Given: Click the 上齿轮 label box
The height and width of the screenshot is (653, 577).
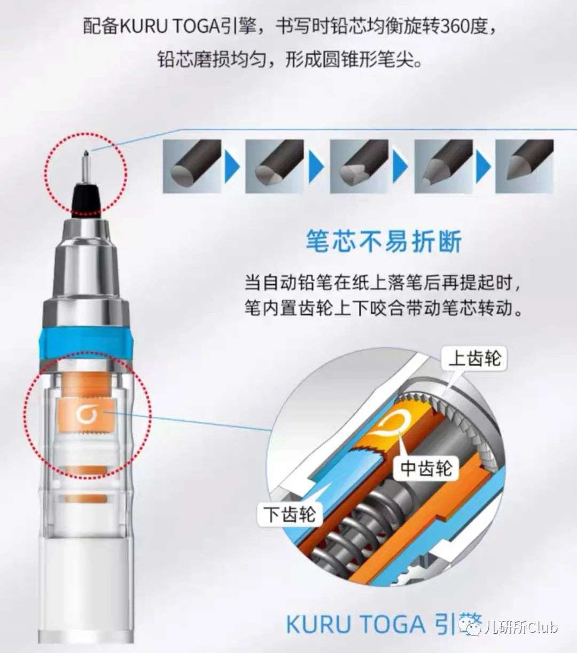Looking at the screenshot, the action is [x=474, y=359].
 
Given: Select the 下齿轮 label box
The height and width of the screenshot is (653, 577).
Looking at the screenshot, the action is [x=290, y=514].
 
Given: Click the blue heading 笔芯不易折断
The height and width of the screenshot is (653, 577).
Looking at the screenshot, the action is [x=384, y=242].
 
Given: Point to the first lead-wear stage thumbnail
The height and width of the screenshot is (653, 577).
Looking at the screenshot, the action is [x=192, y=166].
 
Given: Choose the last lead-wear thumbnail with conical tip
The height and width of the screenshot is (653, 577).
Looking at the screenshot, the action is [x=525, y=166].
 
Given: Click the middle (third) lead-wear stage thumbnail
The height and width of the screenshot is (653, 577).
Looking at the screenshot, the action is [x=359, y=166].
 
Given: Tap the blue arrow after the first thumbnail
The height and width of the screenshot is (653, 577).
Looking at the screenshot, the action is [x=233, y=167].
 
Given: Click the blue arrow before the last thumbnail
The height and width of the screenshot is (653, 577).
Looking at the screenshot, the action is [x=484, y=167].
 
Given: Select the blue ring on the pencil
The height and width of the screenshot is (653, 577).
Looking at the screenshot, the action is [x=85, y=343].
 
